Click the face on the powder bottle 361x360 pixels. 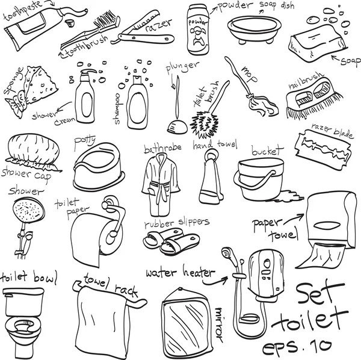point(197,36)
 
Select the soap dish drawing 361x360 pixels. point(254,29)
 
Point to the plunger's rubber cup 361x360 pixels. point(177,127)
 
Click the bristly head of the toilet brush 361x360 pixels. point(205,125)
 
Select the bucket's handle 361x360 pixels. point(255,179)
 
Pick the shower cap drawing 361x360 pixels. point(32,152)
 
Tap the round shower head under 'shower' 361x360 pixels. point(28,211)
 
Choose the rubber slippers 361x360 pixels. point(171,241)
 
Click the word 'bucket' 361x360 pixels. point(267,151)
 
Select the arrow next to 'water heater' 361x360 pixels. point(215,281)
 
